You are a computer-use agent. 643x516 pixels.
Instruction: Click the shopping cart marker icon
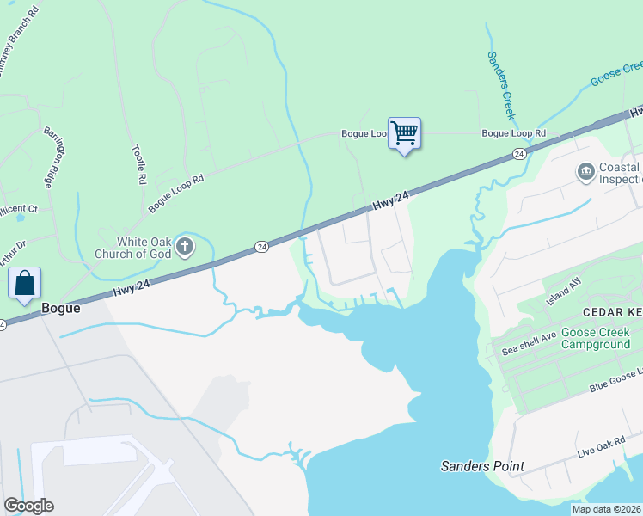pyautogui.click(x=404, y=134)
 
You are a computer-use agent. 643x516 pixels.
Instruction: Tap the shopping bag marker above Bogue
pyautogui.click(x=25, y=283)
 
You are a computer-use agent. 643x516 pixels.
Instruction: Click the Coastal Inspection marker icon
pyautogui.click(x=586, y=172)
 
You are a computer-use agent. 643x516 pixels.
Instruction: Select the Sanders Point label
pyautogui.click(x=482, y=466)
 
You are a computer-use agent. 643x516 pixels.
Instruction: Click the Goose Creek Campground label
pyautogui.click(x=596, y=339)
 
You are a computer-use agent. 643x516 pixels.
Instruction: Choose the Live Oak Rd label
pyautogui.click(x=600, y=448)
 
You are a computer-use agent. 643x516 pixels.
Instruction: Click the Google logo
pyautogui.click(x=28, y=506)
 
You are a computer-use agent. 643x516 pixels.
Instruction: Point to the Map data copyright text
pyautogui.click(x=606, y=509)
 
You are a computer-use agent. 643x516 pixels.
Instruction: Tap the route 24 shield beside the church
pyautogui.click(x=261, y=247)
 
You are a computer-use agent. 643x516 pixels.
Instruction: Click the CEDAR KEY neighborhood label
pyautogui.click(x=611, y=312)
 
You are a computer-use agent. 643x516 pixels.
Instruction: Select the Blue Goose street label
pyautogui.click(x=615, y=379)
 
